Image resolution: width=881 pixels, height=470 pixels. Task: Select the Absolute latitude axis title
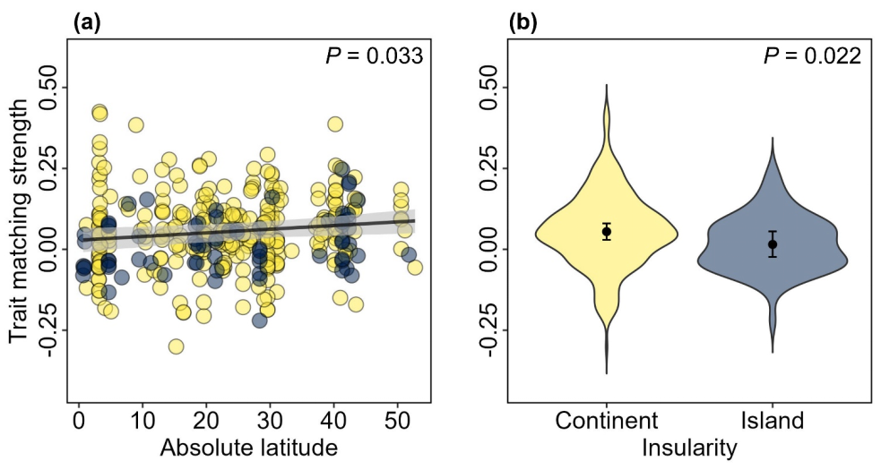tap(248, 447)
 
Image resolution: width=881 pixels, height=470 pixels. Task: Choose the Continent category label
tap(607, 420)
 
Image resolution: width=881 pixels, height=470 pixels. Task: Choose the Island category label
tap(772, 420)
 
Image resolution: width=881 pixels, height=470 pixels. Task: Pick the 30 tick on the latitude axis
tap(271, 420)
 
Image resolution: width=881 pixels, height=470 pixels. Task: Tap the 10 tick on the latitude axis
tap(143, 420)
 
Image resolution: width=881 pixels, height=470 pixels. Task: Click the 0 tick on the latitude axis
tap(79, 420)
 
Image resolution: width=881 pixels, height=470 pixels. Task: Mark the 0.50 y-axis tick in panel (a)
tap(50, 88)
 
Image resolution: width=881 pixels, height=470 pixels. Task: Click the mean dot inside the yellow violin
tap(607, 232)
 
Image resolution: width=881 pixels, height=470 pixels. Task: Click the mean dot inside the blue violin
tap(773, 244)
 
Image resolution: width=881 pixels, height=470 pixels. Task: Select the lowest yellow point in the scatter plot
tap(177, 346)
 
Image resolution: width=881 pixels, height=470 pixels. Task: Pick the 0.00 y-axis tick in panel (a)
tap(50, 249)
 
